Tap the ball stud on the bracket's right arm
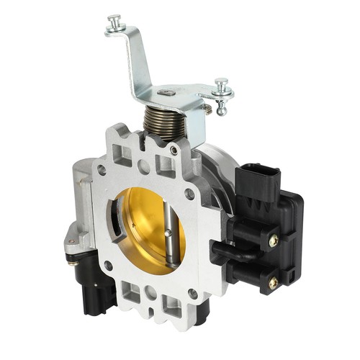tap(222, 91)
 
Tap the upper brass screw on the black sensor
tap(274, 242)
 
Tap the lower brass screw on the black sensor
tap(274, 283)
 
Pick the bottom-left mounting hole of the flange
tap(107, 266)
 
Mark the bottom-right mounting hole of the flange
tap(193, 293)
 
